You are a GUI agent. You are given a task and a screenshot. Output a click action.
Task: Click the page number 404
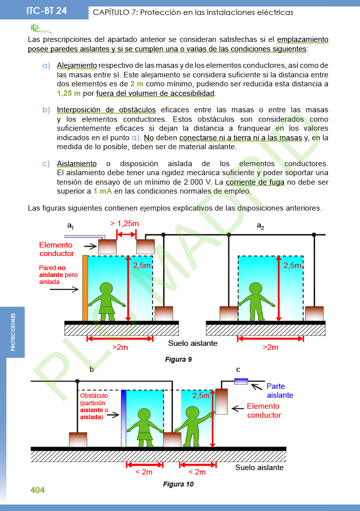point(37,490)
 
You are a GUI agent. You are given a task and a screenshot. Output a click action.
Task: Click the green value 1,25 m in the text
point(69,93)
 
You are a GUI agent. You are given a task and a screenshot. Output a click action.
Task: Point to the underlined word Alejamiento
point(77,65)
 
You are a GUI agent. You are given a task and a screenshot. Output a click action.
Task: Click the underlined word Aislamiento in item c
point(76,164)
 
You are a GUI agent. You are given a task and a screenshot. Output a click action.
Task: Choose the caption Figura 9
point(178,359)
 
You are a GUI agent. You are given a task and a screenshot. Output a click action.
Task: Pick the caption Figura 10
point(178,484)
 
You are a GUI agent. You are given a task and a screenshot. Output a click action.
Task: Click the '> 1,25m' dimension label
point(124,224)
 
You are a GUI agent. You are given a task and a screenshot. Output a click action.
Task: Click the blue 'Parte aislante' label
point(280,390)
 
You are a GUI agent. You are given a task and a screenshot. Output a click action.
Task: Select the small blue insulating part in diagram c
point(241,381)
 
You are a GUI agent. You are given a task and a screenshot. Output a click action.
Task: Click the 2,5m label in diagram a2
point(293,265)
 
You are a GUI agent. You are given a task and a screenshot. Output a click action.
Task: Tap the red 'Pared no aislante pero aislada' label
point(58,274)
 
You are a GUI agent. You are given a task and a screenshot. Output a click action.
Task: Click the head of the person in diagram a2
point(256,289)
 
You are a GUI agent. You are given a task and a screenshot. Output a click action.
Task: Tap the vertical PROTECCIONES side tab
point(13,332)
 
